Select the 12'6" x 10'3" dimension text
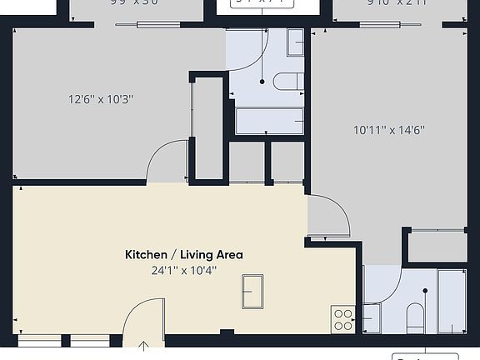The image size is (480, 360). [101, 99]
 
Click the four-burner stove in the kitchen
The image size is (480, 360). [343, 317]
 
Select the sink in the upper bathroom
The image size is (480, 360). [296, 42]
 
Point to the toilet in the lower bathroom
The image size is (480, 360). [414, 316]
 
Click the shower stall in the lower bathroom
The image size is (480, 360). [452, 300]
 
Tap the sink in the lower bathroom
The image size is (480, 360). [372, 317]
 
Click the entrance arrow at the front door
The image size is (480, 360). [143, 346]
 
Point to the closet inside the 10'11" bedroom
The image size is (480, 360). [437, 246]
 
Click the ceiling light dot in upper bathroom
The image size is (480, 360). [262, 82]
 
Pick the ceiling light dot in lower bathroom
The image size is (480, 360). [425, 291]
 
